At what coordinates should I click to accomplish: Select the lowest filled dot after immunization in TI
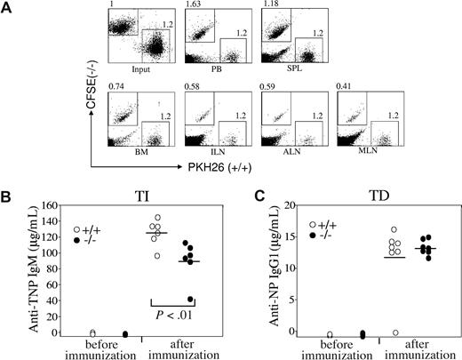(189, 300)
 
